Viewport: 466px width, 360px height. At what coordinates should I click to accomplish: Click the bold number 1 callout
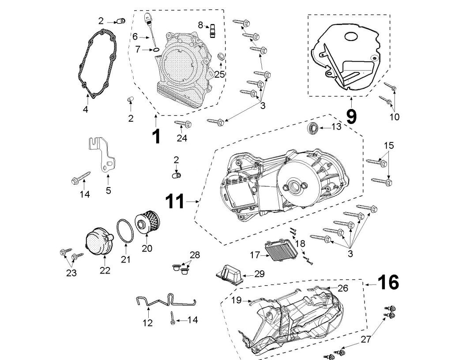click(x=156, y=137)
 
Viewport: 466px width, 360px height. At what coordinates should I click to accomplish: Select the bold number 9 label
click(x=351, y=116)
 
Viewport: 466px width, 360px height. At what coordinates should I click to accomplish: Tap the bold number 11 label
click(x=175, y=202)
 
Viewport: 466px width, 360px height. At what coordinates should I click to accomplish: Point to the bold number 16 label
click(x=388, y=282)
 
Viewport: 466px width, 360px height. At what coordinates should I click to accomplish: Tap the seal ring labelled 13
click(x=313, y=128)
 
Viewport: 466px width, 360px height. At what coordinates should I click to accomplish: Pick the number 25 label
click(x=220, y=74)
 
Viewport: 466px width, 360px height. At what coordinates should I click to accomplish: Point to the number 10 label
click(x=395, y=117)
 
